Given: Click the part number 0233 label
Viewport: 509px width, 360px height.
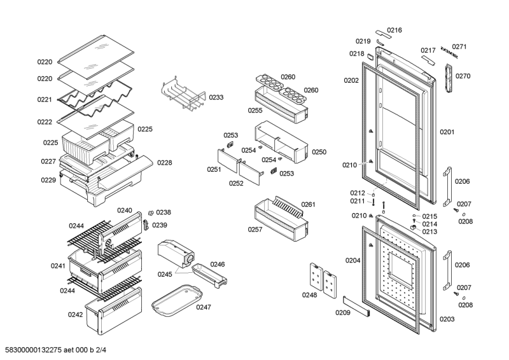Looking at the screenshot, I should point(216,97).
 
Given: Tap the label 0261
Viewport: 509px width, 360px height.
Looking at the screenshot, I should point(308,204).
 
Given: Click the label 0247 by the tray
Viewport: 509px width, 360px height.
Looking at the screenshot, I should point(203,307).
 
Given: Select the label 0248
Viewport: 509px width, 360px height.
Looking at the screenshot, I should point(309,294).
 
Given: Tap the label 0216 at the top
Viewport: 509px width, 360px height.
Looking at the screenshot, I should point(394,30).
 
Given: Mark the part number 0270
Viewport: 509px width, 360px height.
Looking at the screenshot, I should point(463,76).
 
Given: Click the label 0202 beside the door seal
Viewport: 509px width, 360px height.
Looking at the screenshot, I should point(351,80).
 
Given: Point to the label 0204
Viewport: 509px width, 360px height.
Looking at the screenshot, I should point(352,260).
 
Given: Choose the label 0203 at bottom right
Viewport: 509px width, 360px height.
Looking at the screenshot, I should point(447,319).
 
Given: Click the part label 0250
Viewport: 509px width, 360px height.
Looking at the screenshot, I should point(319,152).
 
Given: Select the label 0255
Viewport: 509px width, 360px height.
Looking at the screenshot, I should point(255,110).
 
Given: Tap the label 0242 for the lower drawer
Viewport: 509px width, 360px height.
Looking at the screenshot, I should point(76,314).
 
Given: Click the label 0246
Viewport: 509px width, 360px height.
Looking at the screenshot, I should point(218,264).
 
